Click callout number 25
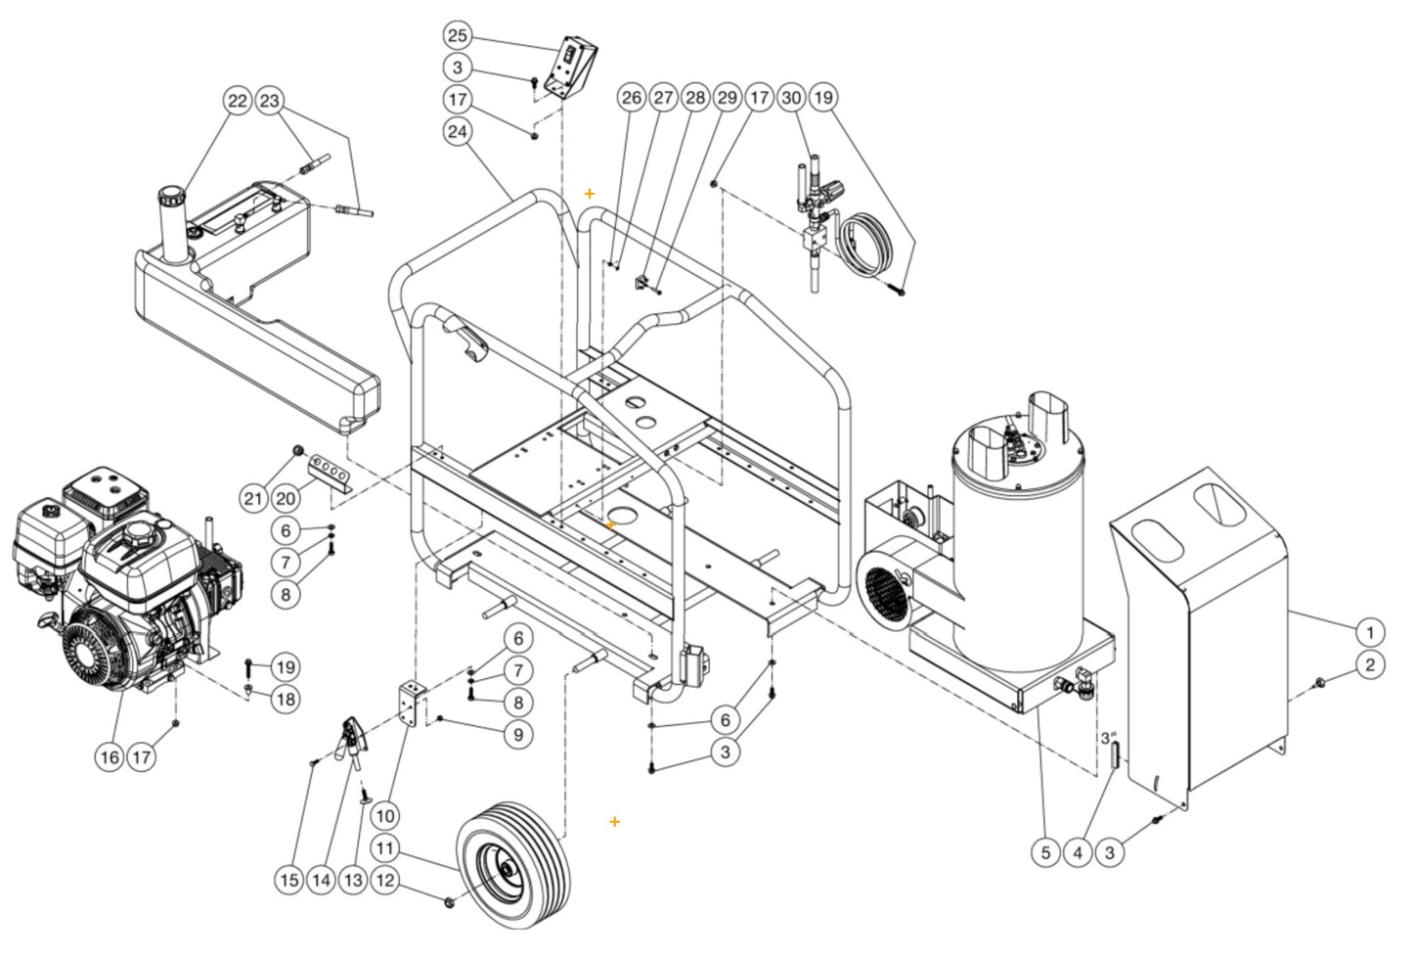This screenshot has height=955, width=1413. tap(458, 36)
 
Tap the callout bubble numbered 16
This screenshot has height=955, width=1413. tap(110, 756)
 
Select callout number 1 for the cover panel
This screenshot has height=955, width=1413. tap(1370, 631)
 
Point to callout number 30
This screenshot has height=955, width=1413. tap(791, 98)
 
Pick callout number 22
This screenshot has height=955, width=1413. tap(238, 101)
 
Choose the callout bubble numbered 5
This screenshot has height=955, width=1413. tap(1045, 852)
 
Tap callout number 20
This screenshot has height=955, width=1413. tap(286, 498)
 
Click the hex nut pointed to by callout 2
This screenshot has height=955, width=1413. tap(1321, 680)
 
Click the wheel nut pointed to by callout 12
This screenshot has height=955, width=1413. tap(449, 899)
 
